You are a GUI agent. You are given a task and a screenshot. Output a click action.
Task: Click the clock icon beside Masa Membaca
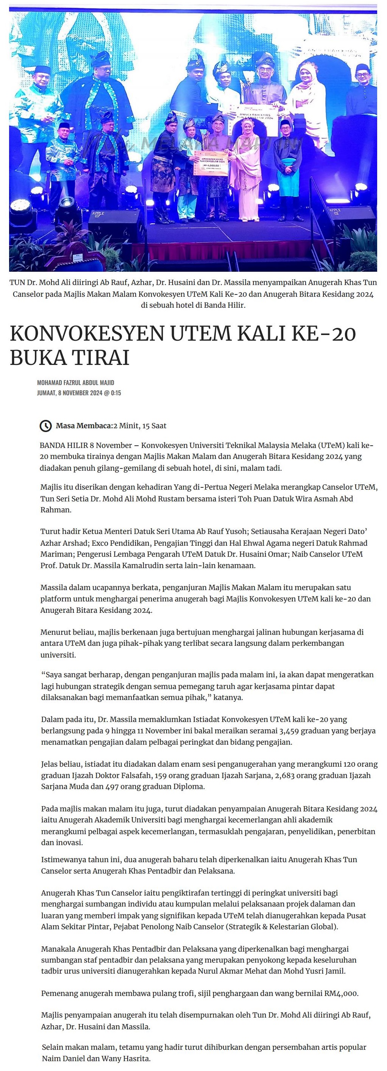point(45,426)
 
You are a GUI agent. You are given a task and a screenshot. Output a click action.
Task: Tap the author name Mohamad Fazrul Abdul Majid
point(76,382)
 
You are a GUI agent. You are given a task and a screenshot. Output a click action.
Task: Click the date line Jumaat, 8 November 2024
point(79,393)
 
